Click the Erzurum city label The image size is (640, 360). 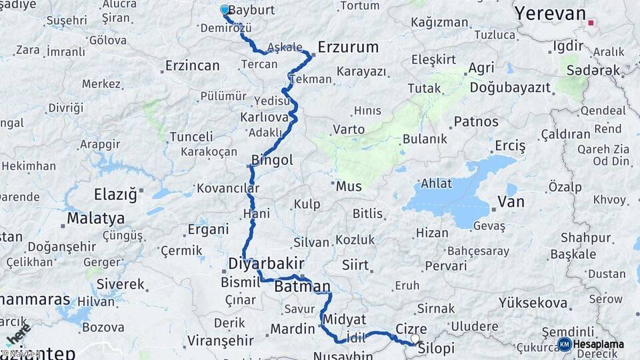(348, 47)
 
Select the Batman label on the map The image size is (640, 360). (302, 287)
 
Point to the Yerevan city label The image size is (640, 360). (550, 13)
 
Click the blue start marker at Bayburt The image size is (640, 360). (225, 10)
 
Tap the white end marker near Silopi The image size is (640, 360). (415, 339)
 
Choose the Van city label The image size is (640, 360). (511, 202)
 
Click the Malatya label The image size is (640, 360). (95, 218)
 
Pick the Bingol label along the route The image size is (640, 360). (272, 160)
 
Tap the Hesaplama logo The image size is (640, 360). (591, 344)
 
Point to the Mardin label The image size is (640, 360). (292, 329)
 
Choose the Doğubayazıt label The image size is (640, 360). (510, 87)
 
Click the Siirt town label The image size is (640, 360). (355, 265)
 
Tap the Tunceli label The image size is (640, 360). (191, 137)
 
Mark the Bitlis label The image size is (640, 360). (368, 214)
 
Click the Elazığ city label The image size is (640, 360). (115, 194)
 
